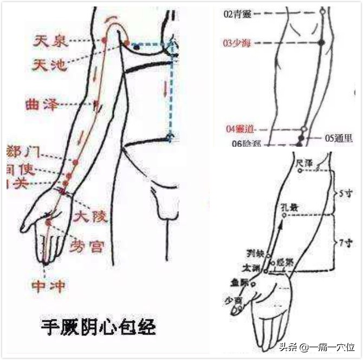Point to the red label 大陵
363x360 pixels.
[92, 217]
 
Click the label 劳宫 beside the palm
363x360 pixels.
[87, 246]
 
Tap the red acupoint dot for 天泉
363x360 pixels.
[104, 41]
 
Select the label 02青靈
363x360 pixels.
[238, 14]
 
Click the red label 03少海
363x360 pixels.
[238, 42]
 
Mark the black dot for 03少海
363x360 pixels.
[321, 42]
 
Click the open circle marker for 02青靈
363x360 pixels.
[322, 10]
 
